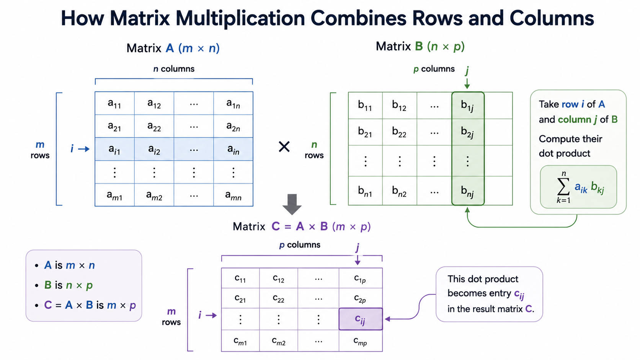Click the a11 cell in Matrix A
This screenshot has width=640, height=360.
pyautogui.click(x=114, y=103)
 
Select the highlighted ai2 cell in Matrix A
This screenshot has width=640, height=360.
pyautogui.click(x=154, y=149)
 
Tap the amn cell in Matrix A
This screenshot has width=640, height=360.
pyautogui.click(x=233, y=195)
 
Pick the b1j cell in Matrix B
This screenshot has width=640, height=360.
pyautogui.click(x=468, y=105)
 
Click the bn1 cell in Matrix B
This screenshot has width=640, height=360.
pyautogui.click(x=365, y=191)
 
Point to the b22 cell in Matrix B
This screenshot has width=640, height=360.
pyautogui.click(x=400, y=132)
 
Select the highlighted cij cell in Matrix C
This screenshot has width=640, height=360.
pyautogui.click(x=361, y=319)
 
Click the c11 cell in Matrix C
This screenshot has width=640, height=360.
pyautogui.click(x=240, y=278)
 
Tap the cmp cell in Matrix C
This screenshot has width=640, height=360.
pyautogui.click(x=361, y=341)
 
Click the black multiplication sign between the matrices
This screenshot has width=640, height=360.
pyautogui.click(x=284, y=147)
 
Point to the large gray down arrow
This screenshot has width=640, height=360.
pyautogui.click(x=292, y=204)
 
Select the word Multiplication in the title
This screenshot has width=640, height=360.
pyautogui.click(x=240, y=18)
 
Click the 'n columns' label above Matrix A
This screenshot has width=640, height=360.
pyautogui.click(x=174, y=69)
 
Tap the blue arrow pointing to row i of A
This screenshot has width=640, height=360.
pyautogui.click(x=84, y=149)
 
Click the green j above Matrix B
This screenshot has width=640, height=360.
pyautogui.click(x=467, y=70)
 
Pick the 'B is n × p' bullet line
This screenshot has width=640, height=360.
pyautogui.click(x=68, y=285)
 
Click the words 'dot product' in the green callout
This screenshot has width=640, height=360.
pyautogui.click(x=564, y=153)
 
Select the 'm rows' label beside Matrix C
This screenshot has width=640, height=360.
pyautogui.click(x=171, y=317)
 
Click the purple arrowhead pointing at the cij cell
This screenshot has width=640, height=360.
pyautogui.click(x=387, y=319)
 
